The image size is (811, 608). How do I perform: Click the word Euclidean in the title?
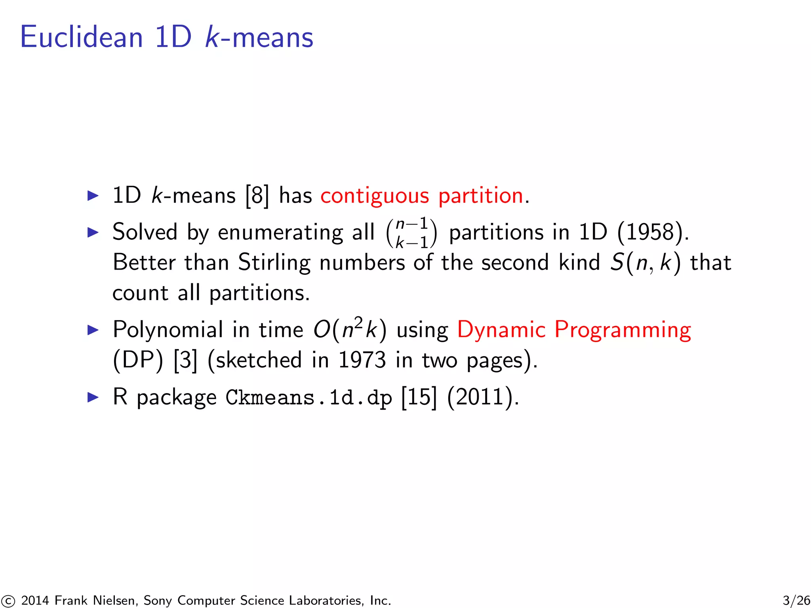[x=81, y=37]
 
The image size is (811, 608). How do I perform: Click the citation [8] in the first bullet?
[x=257, y=196]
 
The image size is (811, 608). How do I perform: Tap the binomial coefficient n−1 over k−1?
[x=412, y=233]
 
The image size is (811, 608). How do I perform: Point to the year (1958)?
[x=652, y=232]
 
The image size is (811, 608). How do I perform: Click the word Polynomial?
[x=168, y=330]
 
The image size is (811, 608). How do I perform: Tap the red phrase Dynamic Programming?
[x=574, y=330]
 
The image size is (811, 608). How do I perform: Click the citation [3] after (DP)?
[x=185, y=360]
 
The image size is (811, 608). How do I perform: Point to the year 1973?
[x=362, y=360]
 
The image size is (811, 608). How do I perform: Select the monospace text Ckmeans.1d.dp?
[x=308, y=397]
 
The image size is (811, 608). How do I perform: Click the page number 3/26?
[x=796, y=600]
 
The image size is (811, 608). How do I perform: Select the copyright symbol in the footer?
[x=8, y=601]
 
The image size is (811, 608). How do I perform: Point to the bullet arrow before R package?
[x=93, y=397]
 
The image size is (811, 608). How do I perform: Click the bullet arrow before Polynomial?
[x=93, y=330]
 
